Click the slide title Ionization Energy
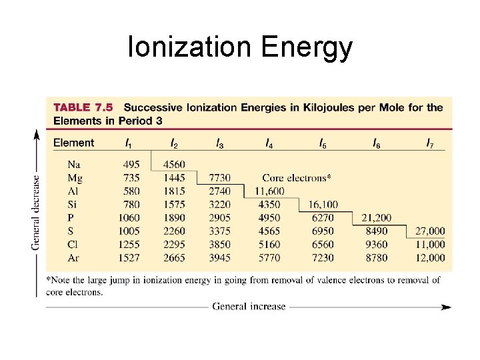240,48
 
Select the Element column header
73,143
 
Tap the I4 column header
269,143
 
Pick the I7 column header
430,143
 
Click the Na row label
75,165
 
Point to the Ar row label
75,257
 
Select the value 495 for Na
131,165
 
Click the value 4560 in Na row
174,165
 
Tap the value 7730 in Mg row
219,178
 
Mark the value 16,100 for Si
323,205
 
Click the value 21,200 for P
376,218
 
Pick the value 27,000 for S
430,231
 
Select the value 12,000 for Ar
430,257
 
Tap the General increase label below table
249,307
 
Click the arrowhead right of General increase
447,307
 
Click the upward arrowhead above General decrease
36,133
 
